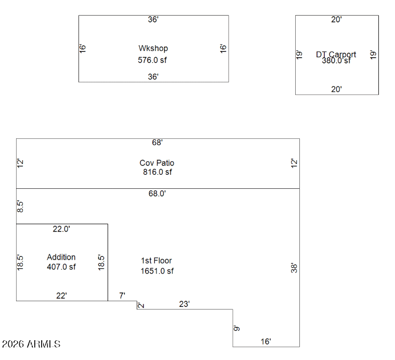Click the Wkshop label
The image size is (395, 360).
pyautogui.click(x=153, y=48)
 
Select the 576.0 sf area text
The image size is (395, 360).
pyautogui.click(x=152, y=60)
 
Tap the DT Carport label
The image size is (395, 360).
pyautogui.click(x=336, y=54)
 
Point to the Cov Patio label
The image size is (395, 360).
pyautogui.click(x=157, y=163)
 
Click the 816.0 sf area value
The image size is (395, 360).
pyautogui.click(x=157, y=172)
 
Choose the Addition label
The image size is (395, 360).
pyautogui.click(x=61, y=257)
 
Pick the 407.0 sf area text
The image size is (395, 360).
pyautogui.click(x=61, y=267)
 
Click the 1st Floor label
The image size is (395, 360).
pyautogui.click(x=156, y=261)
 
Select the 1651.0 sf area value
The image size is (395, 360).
pyautogui.click(x=157, y=271)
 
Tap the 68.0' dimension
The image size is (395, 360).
pyautogui.click(x=157, y=194)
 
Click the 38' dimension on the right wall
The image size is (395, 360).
pyautogui.click(x=294, y=268)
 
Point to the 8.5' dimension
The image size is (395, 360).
pyautogui.click(x=20, y=207)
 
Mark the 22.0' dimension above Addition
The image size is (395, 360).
pyautogui.click(x=61, y=229)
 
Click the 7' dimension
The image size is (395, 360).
pyautogui.click(x=122, y=295)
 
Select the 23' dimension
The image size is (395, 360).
pyautogui.click(x=184, y=304)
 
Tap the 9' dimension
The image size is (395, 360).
pyautogui.click(x=236, y=328)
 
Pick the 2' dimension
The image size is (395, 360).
pyautogui.click(x=141, y=305)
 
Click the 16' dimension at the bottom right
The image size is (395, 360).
pyautogui.click(x=266, y=341)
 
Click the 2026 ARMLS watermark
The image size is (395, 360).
pyautogui.click(x=31, y=344)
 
